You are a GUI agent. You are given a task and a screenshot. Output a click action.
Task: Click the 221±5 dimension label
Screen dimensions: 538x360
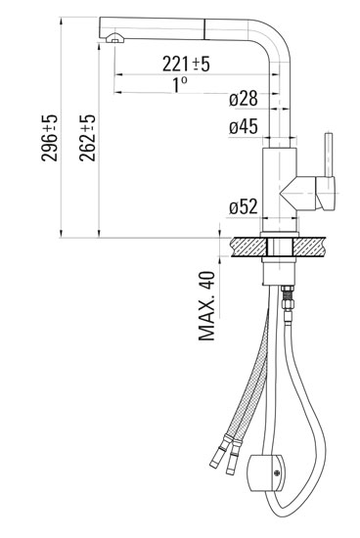pyautogui.click(x=187, y=65)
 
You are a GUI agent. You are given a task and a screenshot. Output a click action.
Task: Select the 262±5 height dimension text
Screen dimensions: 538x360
pyautogui.click(x=87, y=138)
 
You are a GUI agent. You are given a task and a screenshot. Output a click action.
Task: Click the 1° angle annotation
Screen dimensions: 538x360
pyautogui.click(x=180, y=84)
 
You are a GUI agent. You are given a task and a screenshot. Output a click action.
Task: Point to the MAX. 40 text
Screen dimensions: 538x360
pyautogui.click(x=206, y=305)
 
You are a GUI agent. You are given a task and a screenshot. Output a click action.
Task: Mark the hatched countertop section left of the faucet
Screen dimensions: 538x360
pyautogui.click(x=246, y=246)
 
